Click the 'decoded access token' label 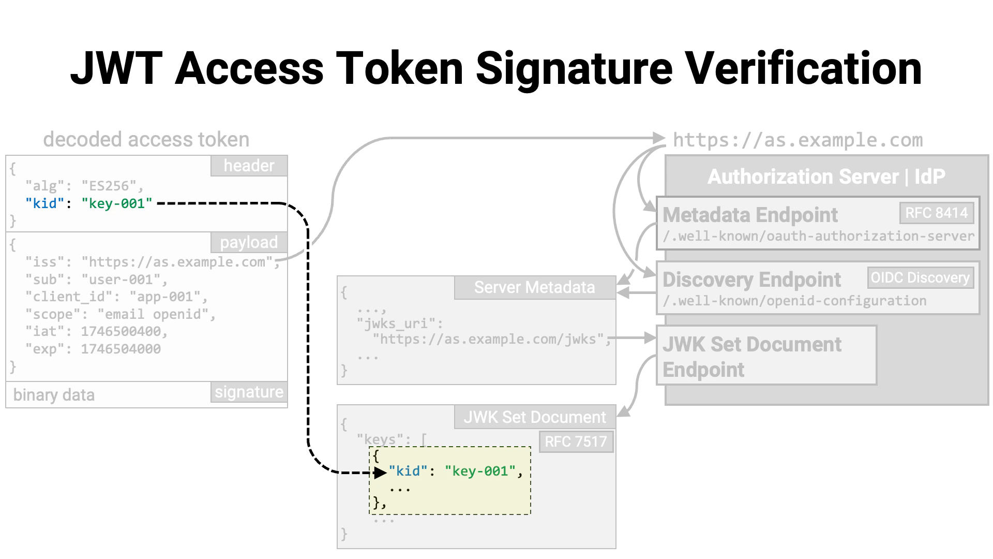click(x=146, y=140)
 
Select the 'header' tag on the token click(x=249, y=166)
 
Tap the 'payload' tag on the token click(x=249, y=242)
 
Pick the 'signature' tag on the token click(x=249, y=392)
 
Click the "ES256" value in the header click(x=109, y=186)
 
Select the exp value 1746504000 click(x=121, y=349)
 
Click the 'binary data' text click(x=54, y=395)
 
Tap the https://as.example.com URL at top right click(x=798, y=140)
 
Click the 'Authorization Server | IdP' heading click(x=826, y=176)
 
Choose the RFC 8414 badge click(x=936, y=213)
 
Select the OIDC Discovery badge click(x=920, y=278)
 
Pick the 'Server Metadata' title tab click(x=534, y=288)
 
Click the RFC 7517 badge click(x=576, y=442)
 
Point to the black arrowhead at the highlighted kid click(x=381, y=472)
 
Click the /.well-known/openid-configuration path click(x=794, y=301)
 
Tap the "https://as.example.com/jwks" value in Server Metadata click(x=488, y=340)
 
